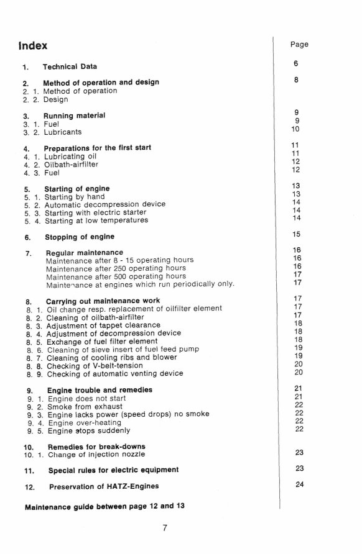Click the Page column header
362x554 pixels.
299,44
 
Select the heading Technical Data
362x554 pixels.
69,66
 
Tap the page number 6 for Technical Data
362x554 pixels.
296,63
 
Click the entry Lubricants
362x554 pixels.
62,132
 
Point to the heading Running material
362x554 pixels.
73,116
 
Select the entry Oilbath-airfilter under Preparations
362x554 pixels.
72,165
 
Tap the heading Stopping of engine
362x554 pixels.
79,237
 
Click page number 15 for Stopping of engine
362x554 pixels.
296,234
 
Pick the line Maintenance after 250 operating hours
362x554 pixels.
116,268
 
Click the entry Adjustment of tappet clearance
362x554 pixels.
102,325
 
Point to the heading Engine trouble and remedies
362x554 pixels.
98,390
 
